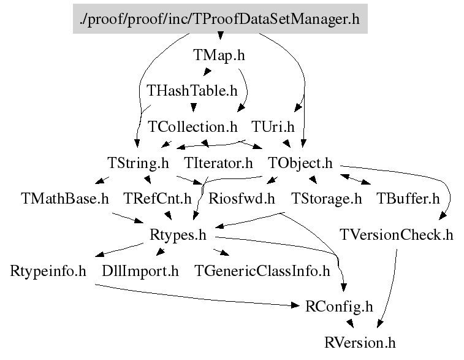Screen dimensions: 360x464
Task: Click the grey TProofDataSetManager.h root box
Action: point(219,19)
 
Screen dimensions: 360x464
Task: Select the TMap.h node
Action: point(219,55)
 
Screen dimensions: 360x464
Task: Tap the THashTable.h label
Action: point(192,91)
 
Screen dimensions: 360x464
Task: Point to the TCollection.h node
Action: point(192,127)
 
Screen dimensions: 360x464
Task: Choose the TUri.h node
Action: point(273,127)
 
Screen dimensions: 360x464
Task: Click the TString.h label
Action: point(138,163)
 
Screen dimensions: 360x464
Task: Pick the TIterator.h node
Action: point(218,163)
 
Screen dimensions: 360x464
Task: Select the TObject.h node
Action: point(300,163)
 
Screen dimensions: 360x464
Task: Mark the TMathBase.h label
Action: point(64,199)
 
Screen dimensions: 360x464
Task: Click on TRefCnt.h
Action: point(158,199)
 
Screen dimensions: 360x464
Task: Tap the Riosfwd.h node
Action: point(242,199)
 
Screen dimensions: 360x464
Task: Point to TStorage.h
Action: point(326,199)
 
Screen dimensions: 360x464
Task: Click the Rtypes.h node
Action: point(178,235)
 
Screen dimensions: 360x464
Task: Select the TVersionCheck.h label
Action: point(397,235)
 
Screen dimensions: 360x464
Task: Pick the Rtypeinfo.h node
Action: point(48,270)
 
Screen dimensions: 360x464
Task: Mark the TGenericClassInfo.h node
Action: point(262,270)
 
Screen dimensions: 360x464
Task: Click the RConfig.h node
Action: point(339,306)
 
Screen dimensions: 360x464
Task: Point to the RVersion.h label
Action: point(361,342)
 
